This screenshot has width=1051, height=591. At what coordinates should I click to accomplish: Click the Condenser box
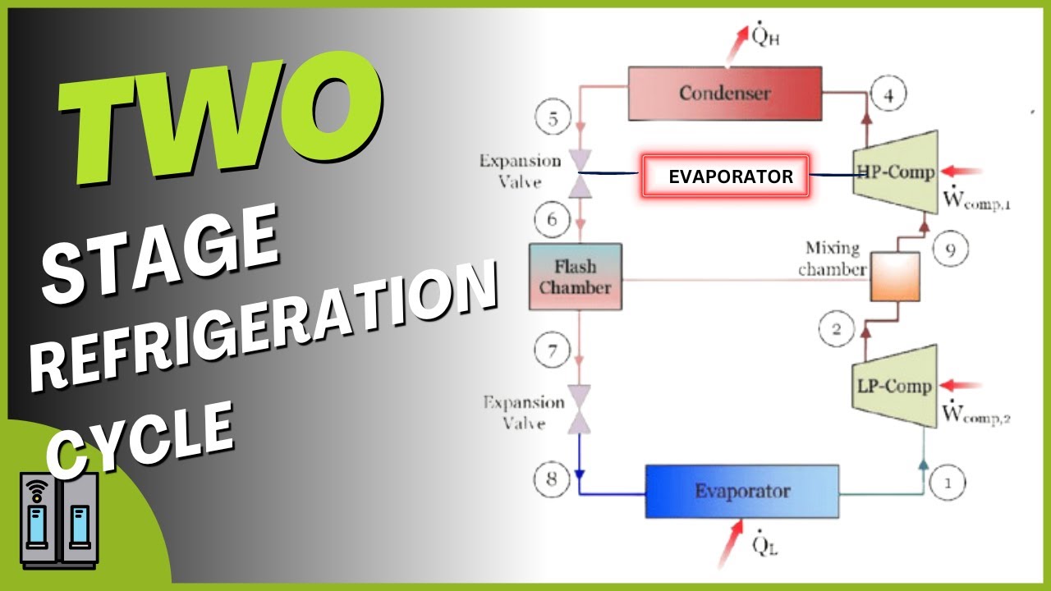[x=725, y=93]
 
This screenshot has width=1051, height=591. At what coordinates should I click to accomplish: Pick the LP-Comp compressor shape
[x=893, y=385]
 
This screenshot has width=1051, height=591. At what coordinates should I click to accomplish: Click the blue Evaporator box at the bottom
[x=742, y=491]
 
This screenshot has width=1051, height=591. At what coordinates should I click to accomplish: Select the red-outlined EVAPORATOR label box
[x=726, y=176]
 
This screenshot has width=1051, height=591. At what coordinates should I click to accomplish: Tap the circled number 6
[x=552, y=219]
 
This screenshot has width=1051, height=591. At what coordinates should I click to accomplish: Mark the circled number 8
[x=551, y=475]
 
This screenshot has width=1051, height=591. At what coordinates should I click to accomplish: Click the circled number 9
[x=950, y=250]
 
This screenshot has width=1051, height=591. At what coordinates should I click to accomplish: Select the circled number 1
[x=948, y=483]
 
